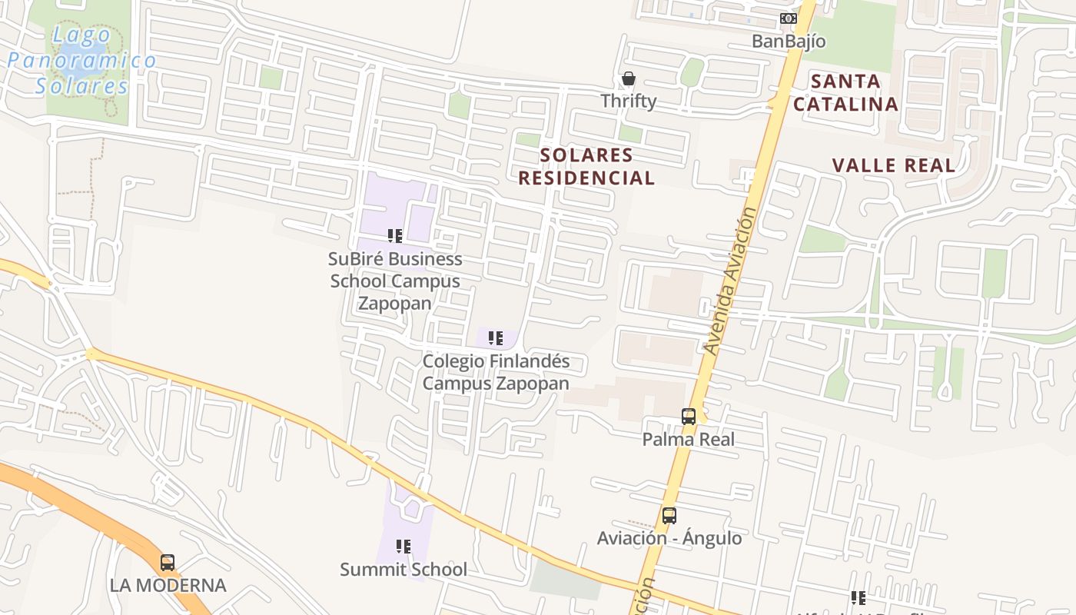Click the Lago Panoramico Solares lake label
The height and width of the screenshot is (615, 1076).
81,61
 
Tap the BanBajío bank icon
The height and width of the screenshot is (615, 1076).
789,18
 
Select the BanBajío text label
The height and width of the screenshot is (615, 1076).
789,42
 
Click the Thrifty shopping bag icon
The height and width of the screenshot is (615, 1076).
629,79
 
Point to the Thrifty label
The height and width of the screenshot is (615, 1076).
629,101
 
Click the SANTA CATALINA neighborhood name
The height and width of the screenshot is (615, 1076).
845,92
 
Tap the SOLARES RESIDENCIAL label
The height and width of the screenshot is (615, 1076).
586,167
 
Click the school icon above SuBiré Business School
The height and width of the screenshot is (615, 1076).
395,236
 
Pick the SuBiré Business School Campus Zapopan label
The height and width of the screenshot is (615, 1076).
396,281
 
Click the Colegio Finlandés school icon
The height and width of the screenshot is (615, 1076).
496,337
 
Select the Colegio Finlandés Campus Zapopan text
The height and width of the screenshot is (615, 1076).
496,372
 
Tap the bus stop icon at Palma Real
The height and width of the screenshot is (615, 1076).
689,417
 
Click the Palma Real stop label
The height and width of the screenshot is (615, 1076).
689,440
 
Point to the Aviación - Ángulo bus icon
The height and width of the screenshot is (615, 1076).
669,516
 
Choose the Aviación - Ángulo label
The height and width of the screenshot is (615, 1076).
669,538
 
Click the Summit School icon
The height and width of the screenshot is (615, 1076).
403,547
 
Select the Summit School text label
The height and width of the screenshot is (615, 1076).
403,570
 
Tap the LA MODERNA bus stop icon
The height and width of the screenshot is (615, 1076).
168,563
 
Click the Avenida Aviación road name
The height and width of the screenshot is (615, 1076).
731,281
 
